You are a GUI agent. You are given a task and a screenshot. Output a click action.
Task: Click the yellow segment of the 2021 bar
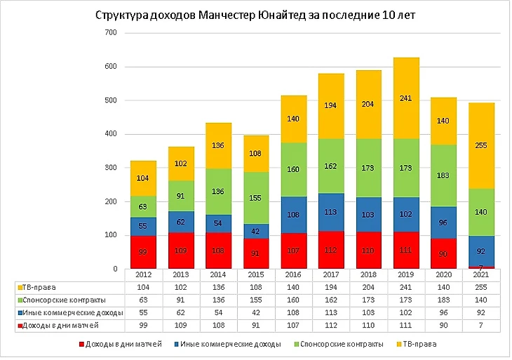pos(483,145)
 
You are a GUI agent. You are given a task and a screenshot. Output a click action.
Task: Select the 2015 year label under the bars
pos(256,276)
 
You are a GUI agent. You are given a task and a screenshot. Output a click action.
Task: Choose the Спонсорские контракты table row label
pos(56,300)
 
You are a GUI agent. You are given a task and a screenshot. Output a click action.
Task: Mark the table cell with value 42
pos(256,312)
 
